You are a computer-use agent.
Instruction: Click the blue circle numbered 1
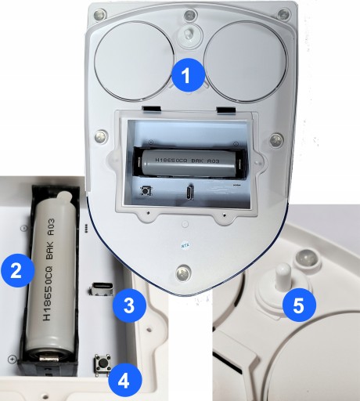coord(186,75)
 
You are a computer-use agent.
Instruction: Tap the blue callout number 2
coord(17,270)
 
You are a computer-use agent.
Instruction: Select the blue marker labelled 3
coord(129,305)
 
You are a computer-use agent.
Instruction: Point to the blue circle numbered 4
coord(124,381)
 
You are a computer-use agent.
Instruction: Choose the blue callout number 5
coord(299,305)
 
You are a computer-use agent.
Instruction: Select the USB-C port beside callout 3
coord(102,289)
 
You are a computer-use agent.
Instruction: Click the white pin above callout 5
coord(283,276)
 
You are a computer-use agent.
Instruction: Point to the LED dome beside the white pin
coord(308,257)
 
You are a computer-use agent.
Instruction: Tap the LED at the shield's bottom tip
coord(183,273)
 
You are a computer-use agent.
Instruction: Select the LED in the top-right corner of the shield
coord(283,14)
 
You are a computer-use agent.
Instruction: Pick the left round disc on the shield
coord(134,61)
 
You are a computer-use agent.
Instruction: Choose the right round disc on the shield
coord(246,61)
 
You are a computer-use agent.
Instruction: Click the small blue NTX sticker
coord(185,245)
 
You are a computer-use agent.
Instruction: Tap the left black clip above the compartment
coord(152,109)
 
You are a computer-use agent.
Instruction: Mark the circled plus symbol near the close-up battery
coord(12,359)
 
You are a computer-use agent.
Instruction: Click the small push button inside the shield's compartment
coord(144,191)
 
